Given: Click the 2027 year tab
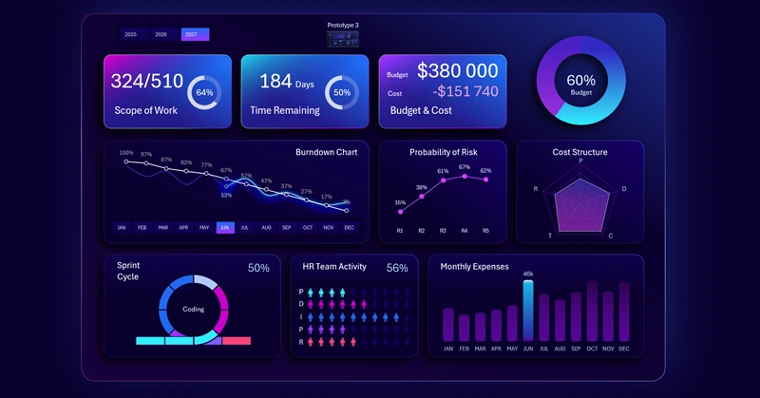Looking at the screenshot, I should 195,34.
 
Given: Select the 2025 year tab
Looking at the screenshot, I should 131,34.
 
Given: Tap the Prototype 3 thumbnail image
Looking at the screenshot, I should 343,38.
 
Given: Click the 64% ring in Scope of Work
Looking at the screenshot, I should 204,93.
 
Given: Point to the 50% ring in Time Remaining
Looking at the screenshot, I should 342,93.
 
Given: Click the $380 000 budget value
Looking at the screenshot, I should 457,71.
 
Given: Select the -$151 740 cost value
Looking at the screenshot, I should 465,92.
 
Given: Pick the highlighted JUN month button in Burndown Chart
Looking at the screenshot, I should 225,228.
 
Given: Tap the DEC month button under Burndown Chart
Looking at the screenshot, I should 350,228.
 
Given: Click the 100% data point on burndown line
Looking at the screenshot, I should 126,161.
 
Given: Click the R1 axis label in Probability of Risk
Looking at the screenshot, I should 400,231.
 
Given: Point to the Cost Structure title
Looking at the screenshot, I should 579,152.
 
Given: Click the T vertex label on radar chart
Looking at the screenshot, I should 550,235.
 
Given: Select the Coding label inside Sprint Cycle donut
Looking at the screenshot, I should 193,309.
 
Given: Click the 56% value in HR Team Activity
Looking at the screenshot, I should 396,269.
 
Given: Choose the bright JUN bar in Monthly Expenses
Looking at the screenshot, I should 527,311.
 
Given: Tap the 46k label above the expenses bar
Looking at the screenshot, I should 527,274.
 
